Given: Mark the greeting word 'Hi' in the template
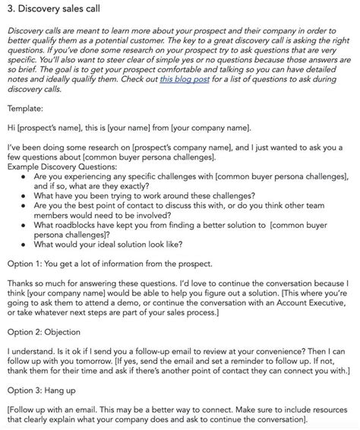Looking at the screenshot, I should [x=11, y=128].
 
